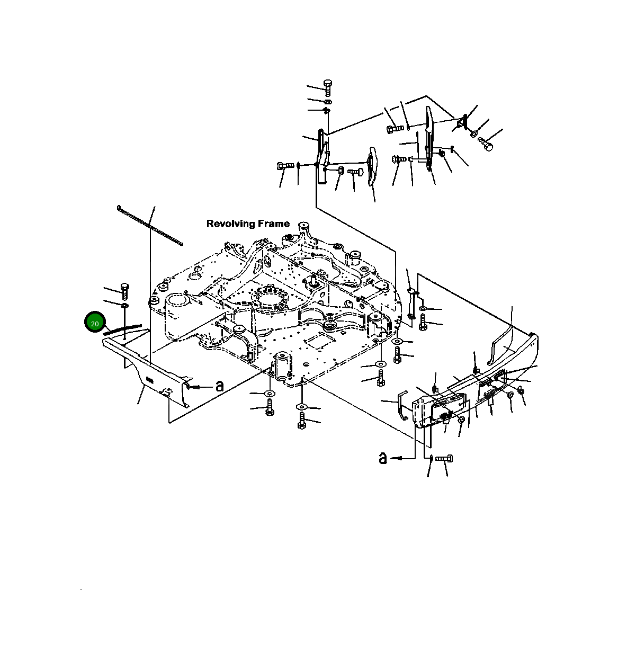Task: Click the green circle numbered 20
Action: [x=95, y=323]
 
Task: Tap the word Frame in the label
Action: [x=273, y=224]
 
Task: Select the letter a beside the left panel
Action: [x=219, y=386]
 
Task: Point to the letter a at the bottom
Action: [x=383, y=457]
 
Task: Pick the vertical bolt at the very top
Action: [x=327, y=86]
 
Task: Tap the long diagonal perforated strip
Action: [x=150, y=225]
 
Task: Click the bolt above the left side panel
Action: [x=125, y=291]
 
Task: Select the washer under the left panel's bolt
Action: [x=125, y=307]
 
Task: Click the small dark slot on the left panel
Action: [x=149, y=378]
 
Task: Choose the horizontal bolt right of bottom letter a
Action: [x=444, y=458]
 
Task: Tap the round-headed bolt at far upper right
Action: [x=486, y=144]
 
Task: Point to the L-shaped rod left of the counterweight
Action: [x=403, y=404]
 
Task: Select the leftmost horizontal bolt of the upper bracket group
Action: [x=285, y=166]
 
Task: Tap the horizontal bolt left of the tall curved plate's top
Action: [x=395, y=128]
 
